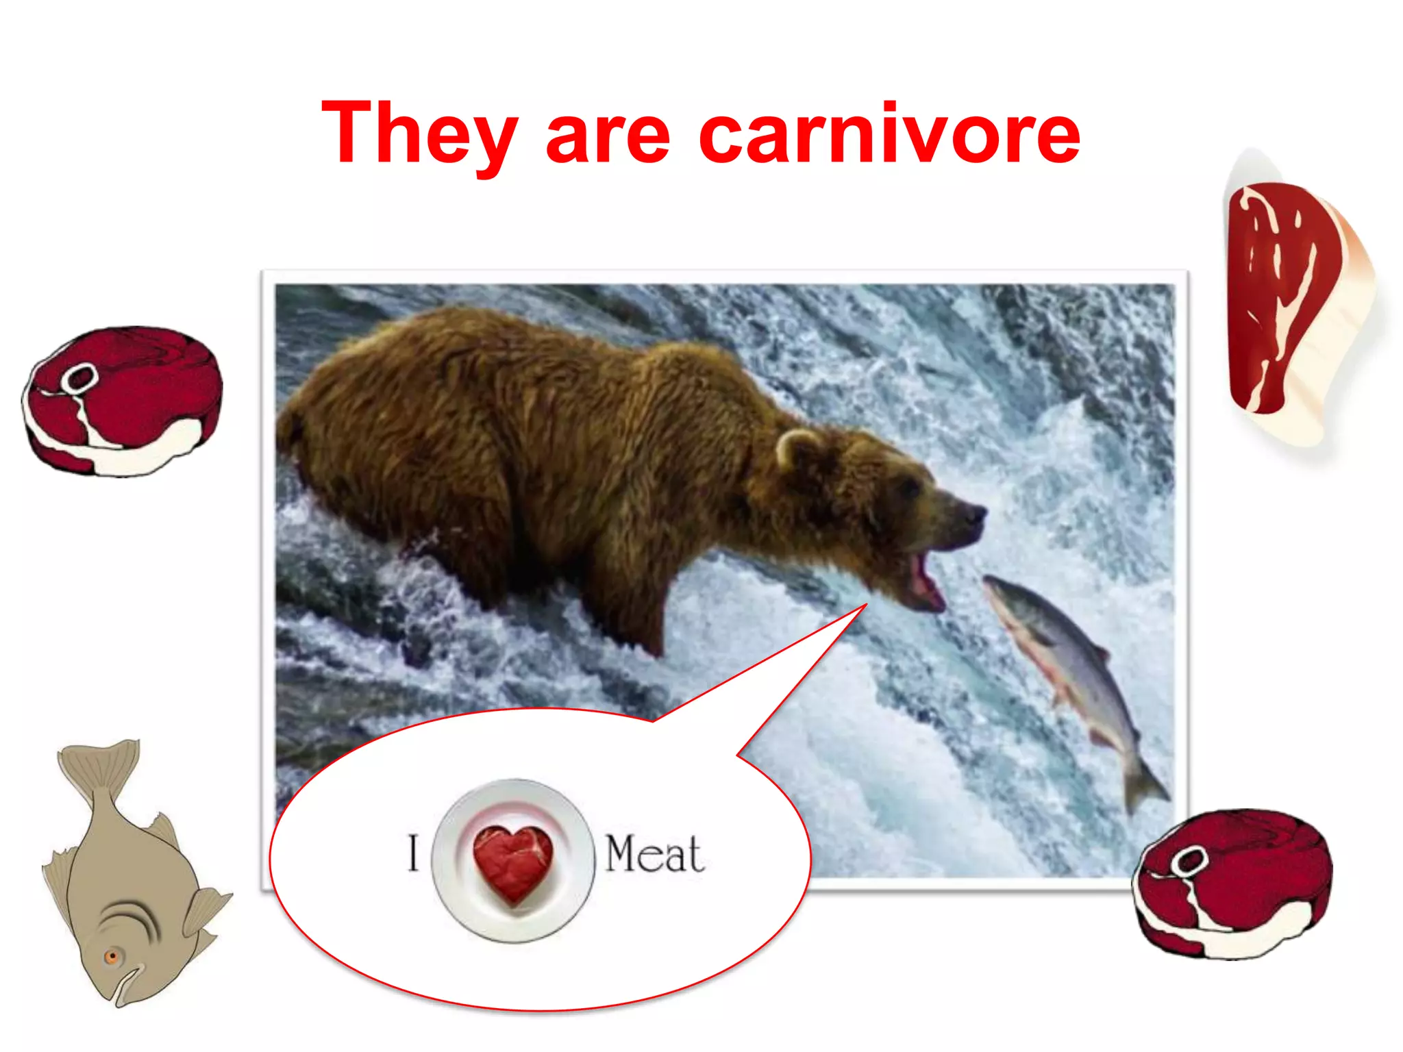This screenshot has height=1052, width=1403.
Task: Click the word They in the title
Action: coord(418,134)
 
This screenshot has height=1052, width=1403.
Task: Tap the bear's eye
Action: coord(910,487)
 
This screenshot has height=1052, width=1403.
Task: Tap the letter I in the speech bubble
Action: coord(412,853)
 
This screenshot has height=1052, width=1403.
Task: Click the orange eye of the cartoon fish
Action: coord(112,956)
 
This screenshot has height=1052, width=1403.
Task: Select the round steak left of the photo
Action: coord(123,401)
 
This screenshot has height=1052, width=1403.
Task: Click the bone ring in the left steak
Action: coord(79,378)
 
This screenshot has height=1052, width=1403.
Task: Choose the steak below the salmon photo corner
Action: coord(1233,884)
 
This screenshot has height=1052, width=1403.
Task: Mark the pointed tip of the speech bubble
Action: coord(866,605)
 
